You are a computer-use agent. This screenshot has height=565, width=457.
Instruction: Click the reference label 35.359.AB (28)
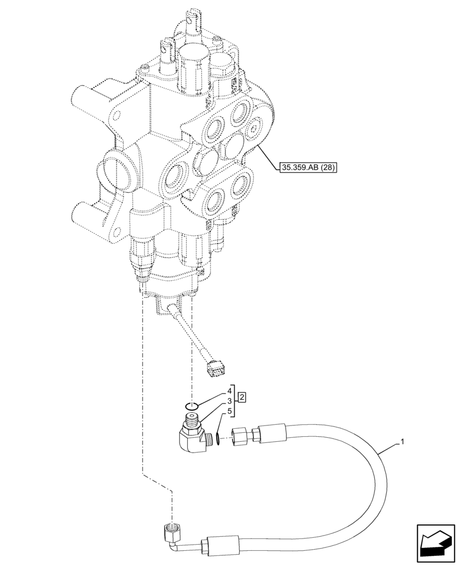(308, 167)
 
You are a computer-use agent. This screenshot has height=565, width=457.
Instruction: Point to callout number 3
(230, 390)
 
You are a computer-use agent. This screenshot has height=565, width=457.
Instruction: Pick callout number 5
(230, 411)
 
